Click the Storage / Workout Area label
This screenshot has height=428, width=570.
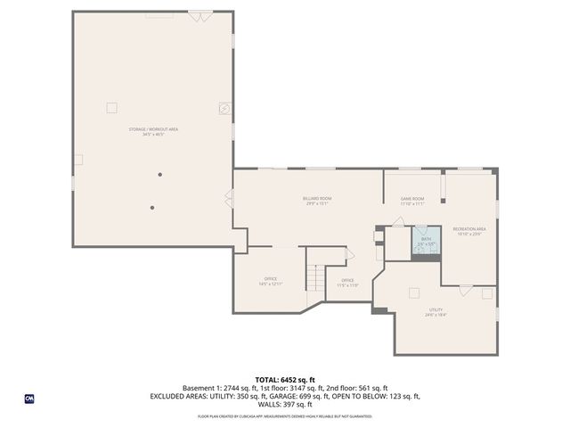(153, 132)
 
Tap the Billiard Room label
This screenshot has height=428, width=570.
(317, 201)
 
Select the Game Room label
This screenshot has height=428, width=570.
(411, 201)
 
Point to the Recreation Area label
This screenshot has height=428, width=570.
(468, 231)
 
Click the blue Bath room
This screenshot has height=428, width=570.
(426, 242)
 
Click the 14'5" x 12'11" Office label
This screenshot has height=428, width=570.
(271, 282)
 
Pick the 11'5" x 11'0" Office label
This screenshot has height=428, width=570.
(348, 283)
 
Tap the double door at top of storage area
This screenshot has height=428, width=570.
(200, 16)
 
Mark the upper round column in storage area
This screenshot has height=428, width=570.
(160, 174)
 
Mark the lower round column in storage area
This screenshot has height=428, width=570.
(152, 208)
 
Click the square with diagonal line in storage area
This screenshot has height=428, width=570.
(224, 108)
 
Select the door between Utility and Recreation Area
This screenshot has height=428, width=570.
(466, 289)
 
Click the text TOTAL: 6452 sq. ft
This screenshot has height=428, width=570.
(285, 380)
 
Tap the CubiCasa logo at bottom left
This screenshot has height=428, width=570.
(29, 399)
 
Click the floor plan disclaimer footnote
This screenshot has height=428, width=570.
(285, 416)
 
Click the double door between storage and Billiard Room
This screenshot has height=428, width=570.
(230, 199)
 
